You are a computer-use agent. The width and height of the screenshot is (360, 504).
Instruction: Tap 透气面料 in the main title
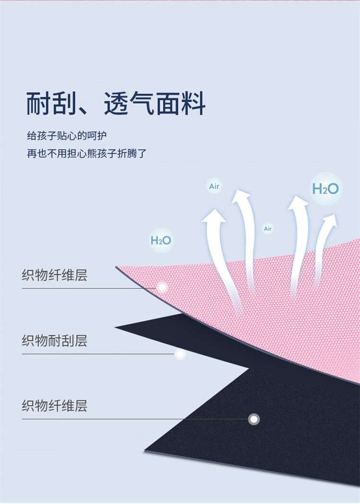pyautogui.click(x=155, y=103)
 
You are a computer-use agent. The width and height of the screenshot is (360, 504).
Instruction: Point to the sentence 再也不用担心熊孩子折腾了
pyautogui.click(x=86, y=154)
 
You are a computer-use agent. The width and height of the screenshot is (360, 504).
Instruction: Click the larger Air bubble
pyautogui.click(x=214, y=186)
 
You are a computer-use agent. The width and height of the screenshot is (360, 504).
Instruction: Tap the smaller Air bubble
pyautogui.click(x=268, y=229)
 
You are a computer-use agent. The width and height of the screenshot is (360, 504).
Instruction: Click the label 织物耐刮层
pyautogui.click(x=54, y=341)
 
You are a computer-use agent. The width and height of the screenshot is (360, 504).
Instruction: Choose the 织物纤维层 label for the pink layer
pyautogui.click(x=54, y=276)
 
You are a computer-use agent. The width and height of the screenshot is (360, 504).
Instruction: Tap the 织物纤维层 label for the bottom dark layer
pyautogui.click(x=54, y=406)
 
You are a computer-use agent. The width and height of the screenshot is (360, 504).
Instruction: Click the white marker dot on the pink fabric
pyautogui.click(x=162, y=288)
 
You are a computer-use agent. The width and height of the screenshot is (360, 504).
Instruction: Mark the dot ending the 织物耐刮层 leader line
pyautogui.click(x=180, y=354)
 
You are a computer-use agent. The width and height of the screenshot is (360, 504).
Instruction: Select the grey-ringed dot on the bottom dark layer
pyautogui.click(x=254, y=419)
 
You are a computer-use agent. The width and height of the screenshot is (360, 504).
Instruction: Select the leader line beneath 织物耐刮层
pyautogui.click(x=96, y=354)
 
